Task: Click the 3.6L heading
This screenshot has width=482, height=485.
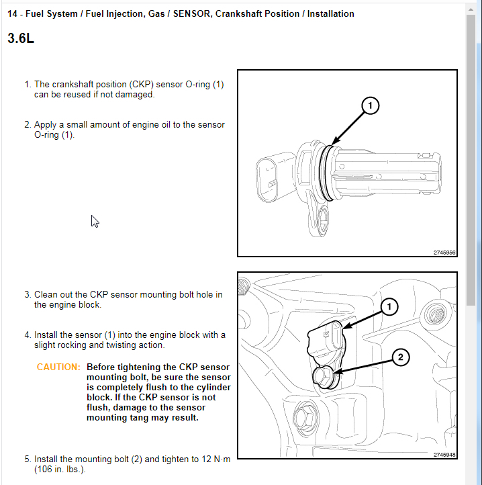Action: [x=21, y=38]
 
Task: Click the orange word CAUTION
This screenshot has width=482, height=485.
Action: [x=58, y=367]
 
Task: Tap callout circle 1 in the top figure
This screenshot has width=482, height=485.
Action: [x=370, y=105]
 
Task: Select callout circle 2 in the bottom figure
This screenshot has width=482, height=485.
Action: [x=400, y=357]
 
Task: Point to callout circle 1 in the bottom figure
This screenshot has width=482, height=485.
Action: [x=388, y=306]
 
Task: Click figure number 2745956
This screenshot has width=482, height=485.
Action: [x=444, y=253]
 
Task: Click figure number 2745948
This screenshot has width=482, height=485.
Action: [x=444, y=455]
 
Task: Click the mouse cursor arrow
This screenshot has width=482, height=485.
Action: [x=95, y=221]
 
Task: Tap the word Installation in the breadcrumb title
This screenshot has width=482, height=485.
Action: [x=330, y=13]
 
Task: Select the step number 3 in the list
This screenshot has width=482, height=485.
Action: [x=28, y=294]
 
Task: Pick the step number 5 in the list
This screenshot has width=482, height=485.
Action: [x=28, y=459]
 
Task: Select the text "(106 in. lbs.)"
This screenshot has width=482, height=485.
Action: [x=60, y=470]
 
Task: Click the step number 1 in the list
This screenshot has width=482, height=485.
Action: [x=28, y=85]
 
